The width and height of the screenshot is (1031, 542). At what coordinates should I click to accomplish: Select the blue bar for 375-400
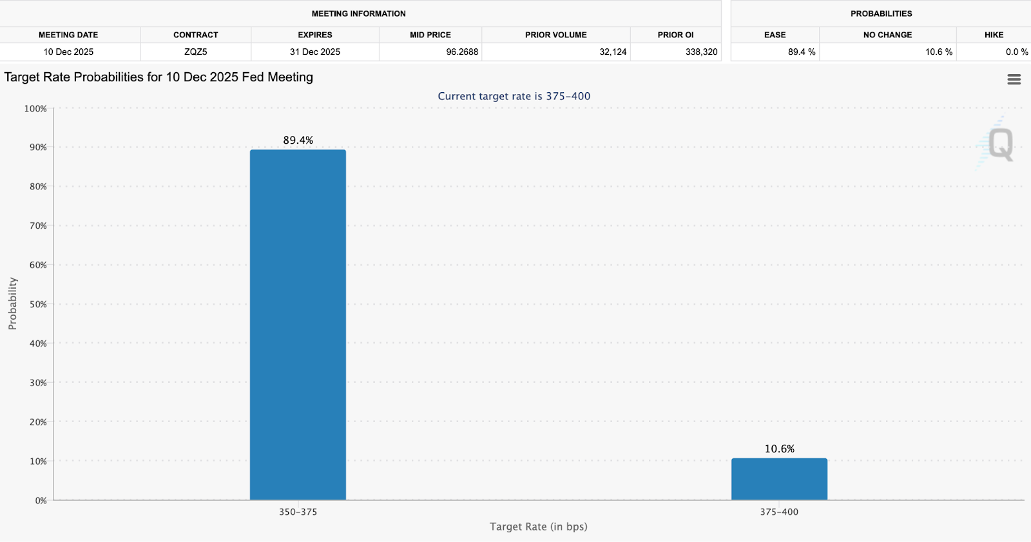pyautogui.click(x=779, y=479)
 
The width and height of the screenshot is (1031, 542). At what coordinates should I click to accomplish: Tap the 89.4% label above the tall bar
pyautogui.click(x=298, y=140)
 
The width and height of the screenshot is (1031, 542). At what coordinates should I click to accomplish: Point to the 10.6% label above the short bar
pyautogui.click(x=779, y=449)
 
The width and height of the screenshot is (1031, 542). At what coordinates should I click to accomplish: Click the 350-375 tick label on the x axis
pyautogui.click(x=298, y=512)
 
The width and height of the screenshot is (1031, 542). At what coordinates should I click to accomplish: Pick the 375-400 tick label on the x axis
pyautogui.click(x=779, y=512)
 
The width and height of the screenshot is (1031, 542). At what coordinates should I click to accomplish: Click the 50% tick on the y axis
pyautogui.click(x=38, y=304)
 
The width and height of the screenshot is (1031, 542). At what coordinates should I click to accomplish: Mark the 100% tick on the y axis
pyautogui.click(x=35, y=108)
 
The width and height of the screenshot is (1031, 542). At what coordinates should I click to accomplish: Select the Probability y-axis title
pyautogui.click(x=12, y=304)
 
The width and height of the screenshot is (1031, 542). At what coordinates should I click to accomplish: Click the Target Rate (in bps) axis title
pyautogui.click(x=538, y=527)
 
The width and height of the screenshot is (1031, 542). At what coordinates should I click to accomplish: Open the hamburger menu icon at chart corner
pyautogui.click(x=1014, y=79)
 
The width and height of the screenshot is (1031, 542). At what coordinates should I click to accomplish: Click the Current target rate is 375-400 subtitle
pyautogui.click(x=514, y=96)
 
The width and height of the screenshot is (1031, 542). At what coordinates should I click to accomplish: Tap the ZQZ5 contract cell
pyautogui.click(x=195, y=52)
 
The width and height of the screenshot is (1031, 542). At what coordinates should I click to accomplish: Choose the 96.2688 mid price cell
pyautogui.click(x=462, y=52)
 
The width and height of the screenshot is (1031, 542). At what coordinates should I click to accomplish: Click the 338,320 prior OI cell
pyautogui.click(x=701, y=52)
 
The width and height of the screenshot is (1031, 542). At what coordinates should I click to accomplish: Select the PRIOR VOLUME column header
pyautogui.click(x=555, y=35)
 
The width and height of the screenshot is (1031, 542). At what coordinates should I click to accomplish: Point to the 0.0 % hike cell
pyautogui.click(x=1016, y=52)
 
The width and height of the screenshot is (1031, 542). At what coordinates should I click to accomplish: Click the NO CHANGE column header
pyautogui.click(x=887, y=35)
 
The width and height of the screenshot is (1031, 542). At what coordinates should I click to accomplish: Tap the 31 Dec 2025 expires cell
pyautogui.click(x=314, y=52)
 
